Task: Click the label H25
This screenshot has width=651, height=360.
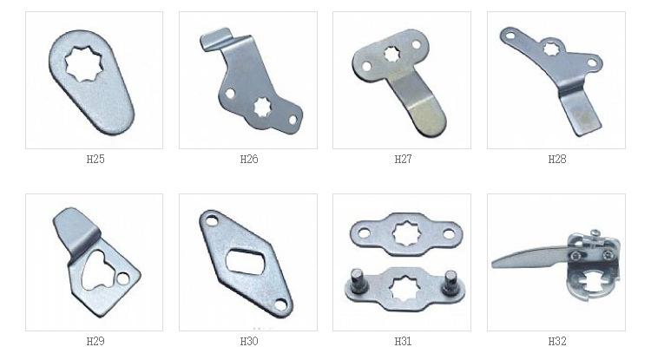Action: tap(95, 160)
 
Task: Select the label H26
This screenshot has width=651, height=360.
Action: tap(249, 160)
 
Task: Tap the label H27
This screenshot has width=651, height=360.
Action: tap(403, 160)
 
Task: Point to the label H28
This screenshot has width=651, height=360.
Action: tap(557, 160)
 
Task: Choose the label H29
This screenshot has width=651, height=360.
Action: tap(95, 341)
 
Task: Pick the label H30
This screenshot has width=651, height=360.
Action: tap(249, 341)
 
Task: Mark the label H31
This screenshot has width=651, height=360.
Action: tap(403, 341)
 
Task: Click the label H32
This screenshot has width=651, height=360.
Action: tap(557, 341)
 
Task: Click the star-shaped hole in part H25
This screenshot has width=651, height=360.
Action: tap(86, 63)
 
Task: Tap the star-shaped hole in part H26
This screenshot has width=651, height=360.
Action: tap(262, 107)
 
